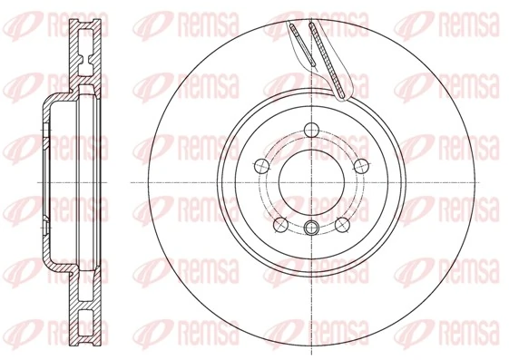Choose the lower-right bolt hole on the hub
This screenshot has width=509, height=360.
342,222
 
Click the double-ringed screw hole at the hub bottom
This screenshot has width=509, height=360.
311,228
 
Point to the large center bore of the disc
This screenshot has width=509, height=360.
311,180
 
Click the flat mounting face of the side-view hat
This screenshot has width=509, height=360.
44,180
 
